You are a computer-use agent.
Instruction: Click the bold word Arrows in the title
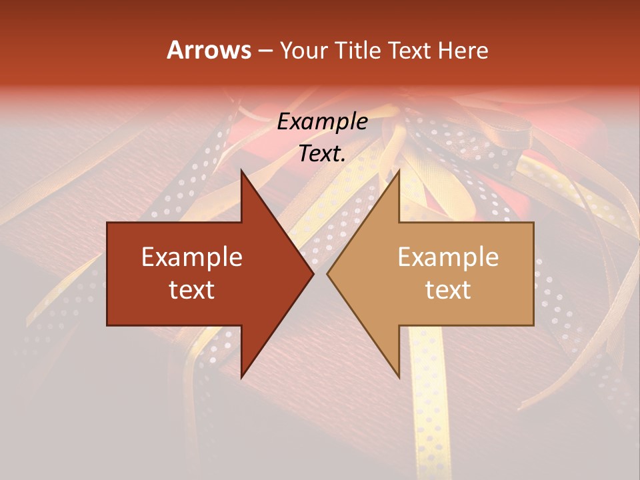pyautogui.click(x=209, y=50)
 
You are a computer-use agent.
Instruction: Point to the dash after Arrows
pyautogui.click(x=265, y=51)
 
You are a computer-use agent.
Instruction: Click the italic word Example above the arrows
pyautogui.click(x=322, y=122)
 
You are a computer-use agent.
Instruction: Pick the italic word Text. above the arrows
pyautogui.click(x=322, y=154)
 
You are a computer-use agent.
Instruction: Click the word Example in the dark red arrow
pyautogui.click(x=192, y=257)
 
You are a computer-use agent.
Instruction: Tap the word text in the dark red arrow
pyautogui.click(x=192, y=290)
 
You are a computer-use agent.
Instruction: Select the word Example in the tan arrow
pyautogui.click(x=448, y=257)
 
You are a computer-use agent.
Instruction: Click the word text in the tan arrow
pyautogui.click(x=448, y=290)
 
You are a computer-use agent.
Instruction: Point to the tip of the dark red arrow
pyautogui.click(x=313, y=273)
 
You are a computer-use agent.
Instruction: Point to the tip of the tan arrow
pyautogui.click(x=328, y=273)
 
